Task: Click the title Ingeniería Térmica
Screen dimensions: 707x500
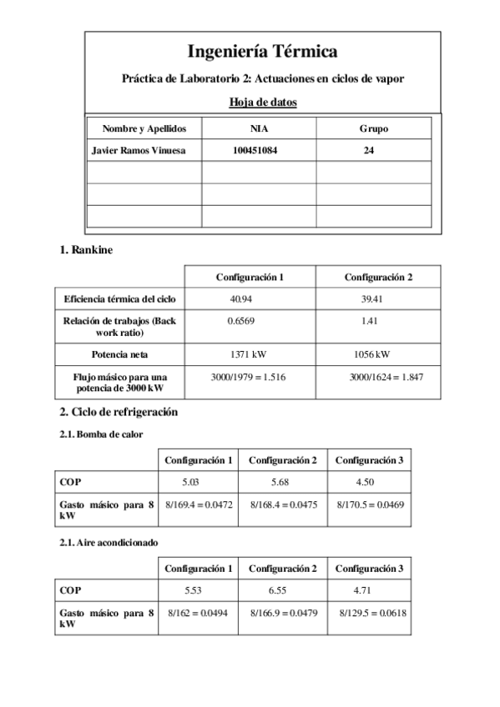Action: pos(262,52)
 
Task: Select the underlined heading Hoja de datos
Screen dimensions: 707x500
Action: pos(262,103)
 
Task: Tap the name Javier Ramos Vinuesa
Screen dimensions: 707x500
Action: pos(139,151)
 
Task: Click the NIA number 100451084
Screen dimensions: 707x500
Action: pos(259,151)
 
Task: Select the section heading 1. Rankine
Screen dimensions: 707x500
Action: pos(86,249)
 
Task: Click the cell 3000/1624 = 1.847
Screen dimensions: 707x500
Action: pos(386,378)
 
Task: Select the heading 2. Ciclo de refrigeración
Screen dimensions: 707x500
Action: pos(119,412)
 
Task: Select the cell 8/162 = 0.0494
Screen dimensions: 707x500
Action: pos(198,613)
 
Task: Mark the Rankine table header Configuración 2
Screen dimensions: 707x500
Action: pos(378,277)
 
